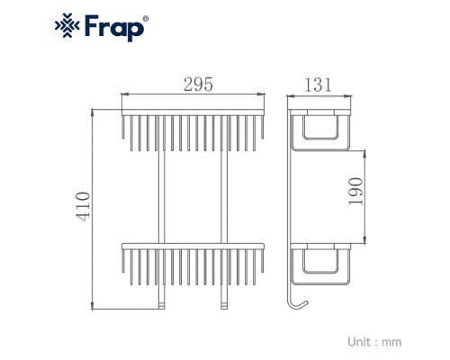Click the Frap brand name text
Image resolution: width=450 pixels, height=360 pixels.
[x=114, y=28]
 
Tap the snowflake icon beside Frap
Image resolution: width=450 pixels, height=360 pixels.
[x=67, y=25]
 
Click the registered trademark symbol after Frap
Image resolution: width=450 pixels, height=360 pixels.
[x=146, y=19]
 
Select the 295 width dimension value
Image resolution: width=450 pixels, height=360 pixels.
[x=198, y=85]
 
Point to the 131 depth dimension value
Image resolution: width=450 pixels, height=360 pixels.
[x=319, y=85]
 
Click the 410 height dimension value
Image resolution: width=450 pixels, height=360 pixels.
[x=83, y=206]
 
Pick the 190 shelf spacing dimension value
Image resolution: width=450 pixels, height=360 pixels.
[x=356, y=191]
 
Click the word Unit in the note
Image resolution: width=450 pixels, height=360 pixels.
[x=359, y=342]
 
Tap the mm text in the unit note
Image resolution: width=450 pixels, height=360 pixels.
[x=391, y=343]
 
